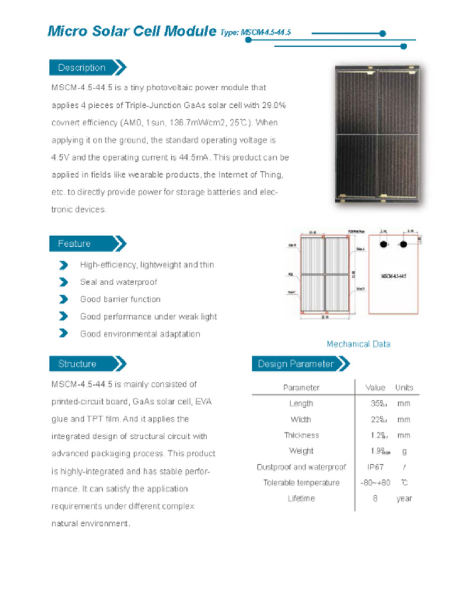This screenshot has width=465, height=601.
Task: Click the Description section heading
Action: pos(82,68)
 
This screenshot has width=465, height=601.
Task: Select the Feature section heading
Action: pos(75,244)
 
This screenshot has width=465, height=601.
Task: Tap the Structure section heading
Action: pos(77,364)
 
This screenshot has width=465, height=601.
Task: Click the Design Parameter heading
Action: pos(296,364)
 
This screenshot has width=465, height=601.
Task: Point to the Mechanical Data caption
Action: pos(358,344)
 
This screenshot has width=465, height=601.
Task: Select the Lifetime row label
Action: pos(301,499)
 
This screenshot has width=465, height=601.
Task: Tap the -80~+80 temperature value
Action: pos(376,483)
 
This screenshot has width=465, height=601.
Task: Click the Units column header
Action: pos(404,388)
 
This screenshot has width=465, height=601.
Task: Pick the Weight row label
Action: pos(301,451)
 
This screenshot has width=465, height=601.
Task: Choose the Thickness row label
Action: pos(301,435)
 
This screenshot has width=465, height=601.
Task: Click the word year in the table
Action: pos(404,499)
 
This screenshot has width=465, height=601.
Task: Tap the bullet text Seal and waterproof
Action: pos(118,282)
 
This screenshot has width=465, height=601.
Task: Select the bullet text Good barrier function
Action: pos(120,299)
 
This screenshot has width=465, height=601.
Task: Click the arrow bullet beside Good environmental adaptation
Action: pos(64,334)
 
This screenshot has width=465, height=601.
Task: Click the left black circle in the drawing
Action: pos(383,244)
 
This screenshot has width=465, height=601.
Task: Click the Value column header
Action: pos(376,388)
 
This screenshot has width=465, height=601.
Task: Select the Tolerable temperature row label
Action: pos(301,483)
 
